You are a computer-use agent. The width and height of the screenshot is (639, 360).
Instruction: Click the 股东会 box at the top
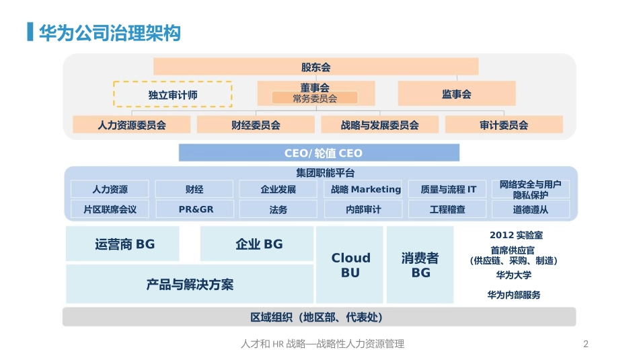[x=315, y=67]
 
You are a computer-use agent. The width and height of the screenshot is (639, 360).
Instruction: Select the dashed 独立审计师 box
[x=172, y=94]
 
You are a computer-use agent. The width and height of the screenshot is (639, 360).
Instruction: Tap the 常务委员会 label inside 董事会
[x=315, y=98]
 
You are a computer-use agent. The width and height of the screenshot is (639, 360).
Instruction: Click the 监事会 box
[x=456, y=94]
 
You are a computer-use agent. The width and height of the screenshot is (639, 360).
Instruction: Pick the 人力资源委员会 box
[x=131, y=124]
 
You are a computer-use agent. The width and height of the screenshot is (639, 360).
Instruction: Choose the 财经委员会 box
[x=255, y=124]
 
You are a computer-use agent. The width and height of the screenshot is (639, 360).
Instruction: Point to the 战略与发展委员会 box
[x=379, y=124]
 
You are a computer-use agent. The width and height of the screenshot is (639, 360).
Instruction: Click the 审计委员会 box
[x=504, y=124]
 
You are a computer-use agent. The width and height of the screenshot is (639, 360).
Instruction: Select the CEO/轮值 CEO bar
[x=319, y=153]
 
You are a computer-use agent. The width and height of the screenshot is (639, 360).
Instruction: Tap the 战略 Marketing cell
[x=365, y=189]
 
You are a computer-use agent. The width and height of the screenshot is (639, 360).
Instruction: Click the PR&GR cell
[x=195, y=209]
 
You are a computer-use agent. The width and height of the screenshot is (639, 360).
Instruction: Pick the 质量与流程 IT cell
[x=448, y=189]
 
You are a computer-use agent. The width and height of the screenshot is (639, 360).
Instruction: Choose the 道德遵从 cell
[x=531, y=209]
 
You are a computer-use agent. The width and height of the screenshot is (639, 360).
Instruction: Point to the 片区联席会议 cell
[x=110, y=209]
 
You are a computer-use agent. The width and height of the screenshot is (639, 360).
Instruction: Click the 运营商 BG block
[x=123, y=244]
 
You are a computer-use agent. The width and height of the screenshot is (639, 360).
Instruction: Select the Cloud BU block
[x=350, y=264]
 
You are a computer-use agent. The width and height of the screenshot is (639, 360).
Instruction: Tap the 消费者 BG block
[x=420, y=264]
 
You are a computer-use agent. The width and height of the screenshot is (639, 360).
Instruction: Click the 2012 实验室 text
[x=517, y=236]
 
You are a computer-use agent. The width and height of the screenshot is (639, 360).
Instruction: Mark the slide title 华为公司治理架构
[x=110, y=33]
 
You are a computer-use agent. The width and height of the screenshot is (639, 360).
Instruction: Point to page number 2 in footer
[x=585, y=344]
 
